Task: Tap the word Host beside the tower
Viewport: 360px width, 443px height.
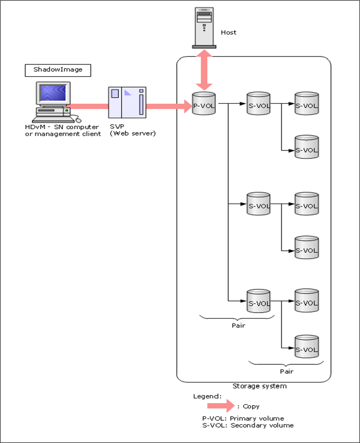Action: click(228, 32)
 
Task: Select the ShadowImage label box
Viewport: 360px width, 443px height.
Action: click(54, 70)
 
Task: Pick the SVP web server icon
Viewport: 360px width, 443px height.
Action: click(128, 103)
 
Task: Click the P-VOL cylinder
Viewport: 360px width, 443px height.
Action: click(204, 104)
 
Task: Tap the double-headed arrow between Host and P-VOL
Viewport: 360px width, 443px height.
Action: click(204, 70)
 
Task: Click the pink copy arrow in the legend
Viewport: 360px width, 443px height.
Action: click(221, 406)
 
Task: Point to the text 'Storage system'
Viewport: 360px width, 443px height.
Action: click(259, 386)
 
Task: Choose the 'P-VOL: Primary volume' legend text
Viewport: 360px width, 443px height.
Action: click(243, 418)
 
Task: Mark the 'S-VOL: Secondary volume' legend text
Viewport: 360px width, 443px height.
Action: click(248, 425)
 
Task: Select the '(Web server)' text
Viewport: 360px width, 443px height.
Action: click(133, 133)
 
